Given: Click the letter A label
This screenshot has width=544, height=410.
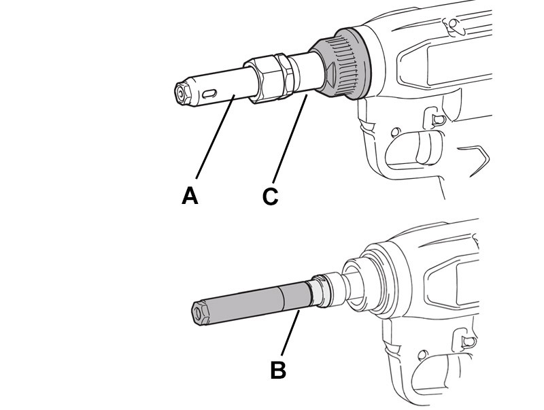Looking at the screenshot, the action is click(190, 196).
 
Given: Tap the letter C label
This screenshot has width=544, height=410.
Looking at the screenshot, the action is click(270, 197).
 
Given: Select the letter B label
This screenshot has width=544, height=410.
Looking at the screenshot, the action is click(278, 370).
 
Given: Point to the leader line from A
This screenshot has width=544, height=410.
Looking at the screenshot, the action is click(216, 137).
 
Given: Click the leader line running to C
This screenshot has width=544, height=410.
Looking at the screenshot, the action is click(290, 139).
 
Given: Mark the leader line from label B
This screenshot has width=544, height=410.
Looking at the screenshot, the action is click(290, 333).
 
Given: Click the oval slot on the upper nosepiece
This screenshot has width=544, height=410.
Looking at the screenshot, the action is click(209, 93).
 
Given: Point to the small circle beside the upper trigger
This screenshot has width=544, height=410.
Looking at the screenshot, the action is click(394, 133).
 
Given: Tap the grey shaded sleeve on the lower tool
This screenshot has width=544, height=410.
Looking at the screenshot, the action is click(252, 303).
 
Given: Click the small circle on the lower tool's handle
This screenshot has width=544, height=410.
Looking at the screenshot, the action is click(422, 354).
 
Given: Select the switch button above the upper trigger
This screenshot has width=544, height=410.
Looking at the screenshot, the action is click(436, 118).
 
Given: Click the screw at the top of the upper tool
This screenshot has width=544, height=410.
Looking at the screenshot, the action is click(452, 24).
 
